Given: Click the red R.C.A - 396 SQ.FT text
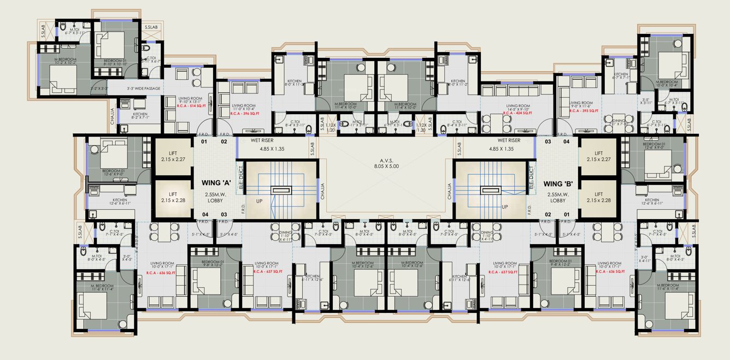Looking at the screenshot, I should [x=244, y=113].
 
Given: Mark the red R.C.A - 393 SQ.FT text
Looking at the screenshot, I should [x=584, y=111].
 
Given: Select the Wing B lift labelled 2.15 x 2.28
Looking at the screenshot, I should [x=599, y=197].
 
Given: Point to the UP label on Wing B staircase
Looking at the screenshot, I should [x=504, y=207].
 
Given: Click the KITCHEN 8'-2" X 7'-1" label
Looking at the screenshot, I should [x=140, y=116].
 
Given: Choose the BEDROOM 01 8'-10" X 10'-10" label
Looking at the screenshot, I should [x=115, y=62].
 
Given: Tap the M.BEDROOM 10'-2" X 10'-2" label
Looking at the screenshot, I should [x=64, y=61].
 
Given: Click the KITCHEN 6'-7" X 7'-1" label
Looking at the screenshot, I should [x=621, y=76].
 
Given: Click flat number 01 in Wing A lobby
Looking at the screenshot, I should [x=204, y=142].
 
